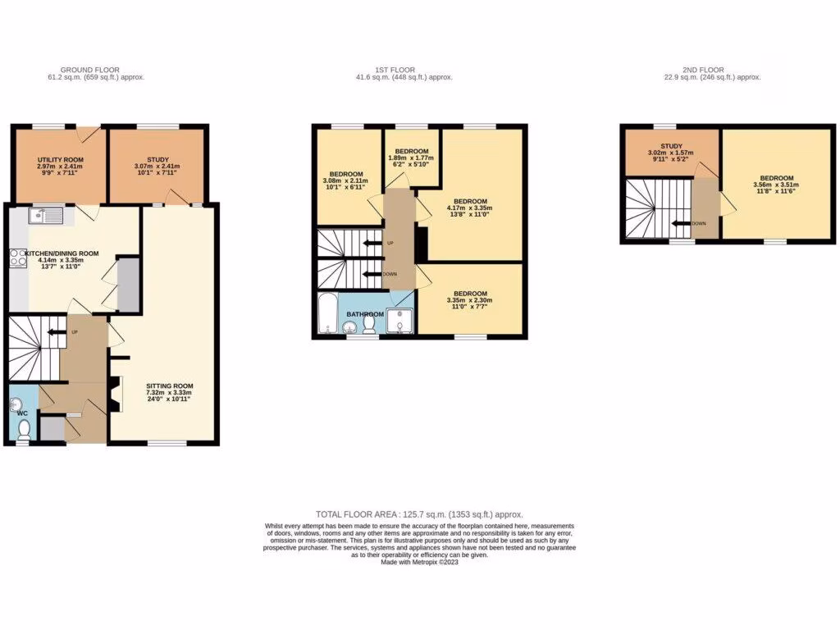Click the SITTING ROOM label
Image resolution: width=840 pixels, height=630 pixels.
[170, 386]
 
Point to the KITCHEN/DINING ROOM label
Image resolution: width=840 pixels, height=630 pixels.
[62, 254]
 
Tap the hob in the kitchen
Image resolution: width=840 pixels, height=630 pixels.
[16, 260]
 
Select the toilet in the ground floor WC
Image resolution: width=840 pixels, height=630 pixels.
[24, 430]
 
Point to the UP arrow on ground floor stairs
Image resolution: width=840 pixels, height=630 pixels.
[57, 332]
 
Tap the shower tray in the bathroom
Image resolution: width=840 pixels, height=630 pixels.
[400, 318]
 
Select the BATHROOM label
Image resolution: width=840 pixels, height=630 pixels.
[365, 314]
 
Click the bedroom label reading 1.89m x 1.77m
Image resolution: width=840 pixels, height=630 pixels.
[412, 152]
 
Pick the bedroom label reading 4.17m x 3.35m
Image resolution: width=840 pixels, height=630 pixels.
[471, 202]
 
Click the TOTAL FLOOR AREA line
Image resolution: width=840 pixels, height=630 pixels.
[419, 514]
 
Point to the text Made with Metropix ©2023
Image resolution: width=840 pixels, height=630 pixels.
[419, 561]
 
